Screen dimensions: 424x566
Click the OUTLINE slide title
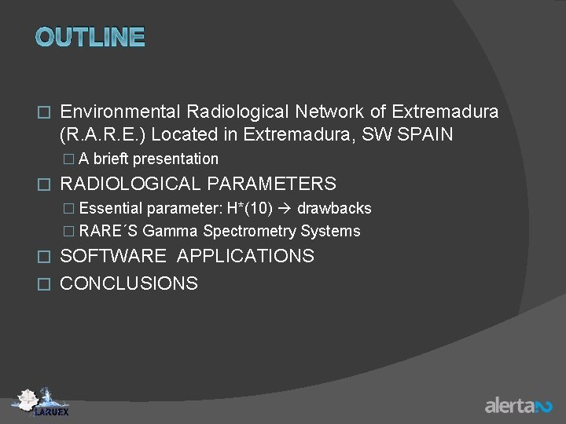90,37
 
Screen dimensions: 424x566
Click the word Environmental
119,111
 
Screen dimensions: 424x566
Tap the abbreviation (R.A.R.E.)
102,134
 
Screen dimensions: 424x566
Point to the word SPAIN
426,134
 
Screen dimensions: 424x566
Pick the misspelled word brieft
111,159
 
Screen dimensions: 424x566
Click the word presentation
175,159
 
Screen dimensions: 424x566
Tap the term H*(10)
249,208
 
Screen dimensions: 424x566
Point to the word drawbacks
334,208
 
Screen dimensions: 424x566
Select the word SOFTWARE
113,256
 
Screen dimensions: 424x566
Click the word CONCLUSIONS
129,283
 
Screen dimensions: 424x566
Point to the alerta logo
518,405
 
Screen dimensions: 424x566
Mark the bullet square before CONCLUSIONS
44,283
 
